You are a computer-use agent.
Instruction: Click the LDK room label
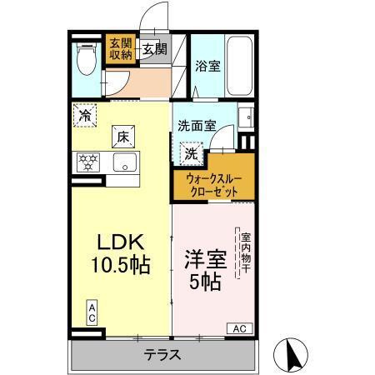[122, 243]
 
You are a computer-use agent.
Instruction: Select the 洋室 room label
[205, 258]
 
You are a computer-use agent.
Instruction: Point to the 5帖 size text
[205, 282]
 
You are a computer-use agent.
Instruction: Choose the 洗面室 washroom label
[196, 126]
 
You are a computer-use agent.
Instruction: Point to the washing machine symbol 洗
[192, 153]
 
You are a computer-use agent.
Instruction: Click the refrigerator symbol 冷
[84, 116]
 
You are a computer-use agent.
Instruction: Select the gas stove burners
[87, 161]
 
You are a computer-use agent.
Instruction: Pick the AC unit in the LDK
[92, 313]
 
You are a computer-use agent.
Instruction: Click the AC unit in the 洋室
[238, 327]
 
